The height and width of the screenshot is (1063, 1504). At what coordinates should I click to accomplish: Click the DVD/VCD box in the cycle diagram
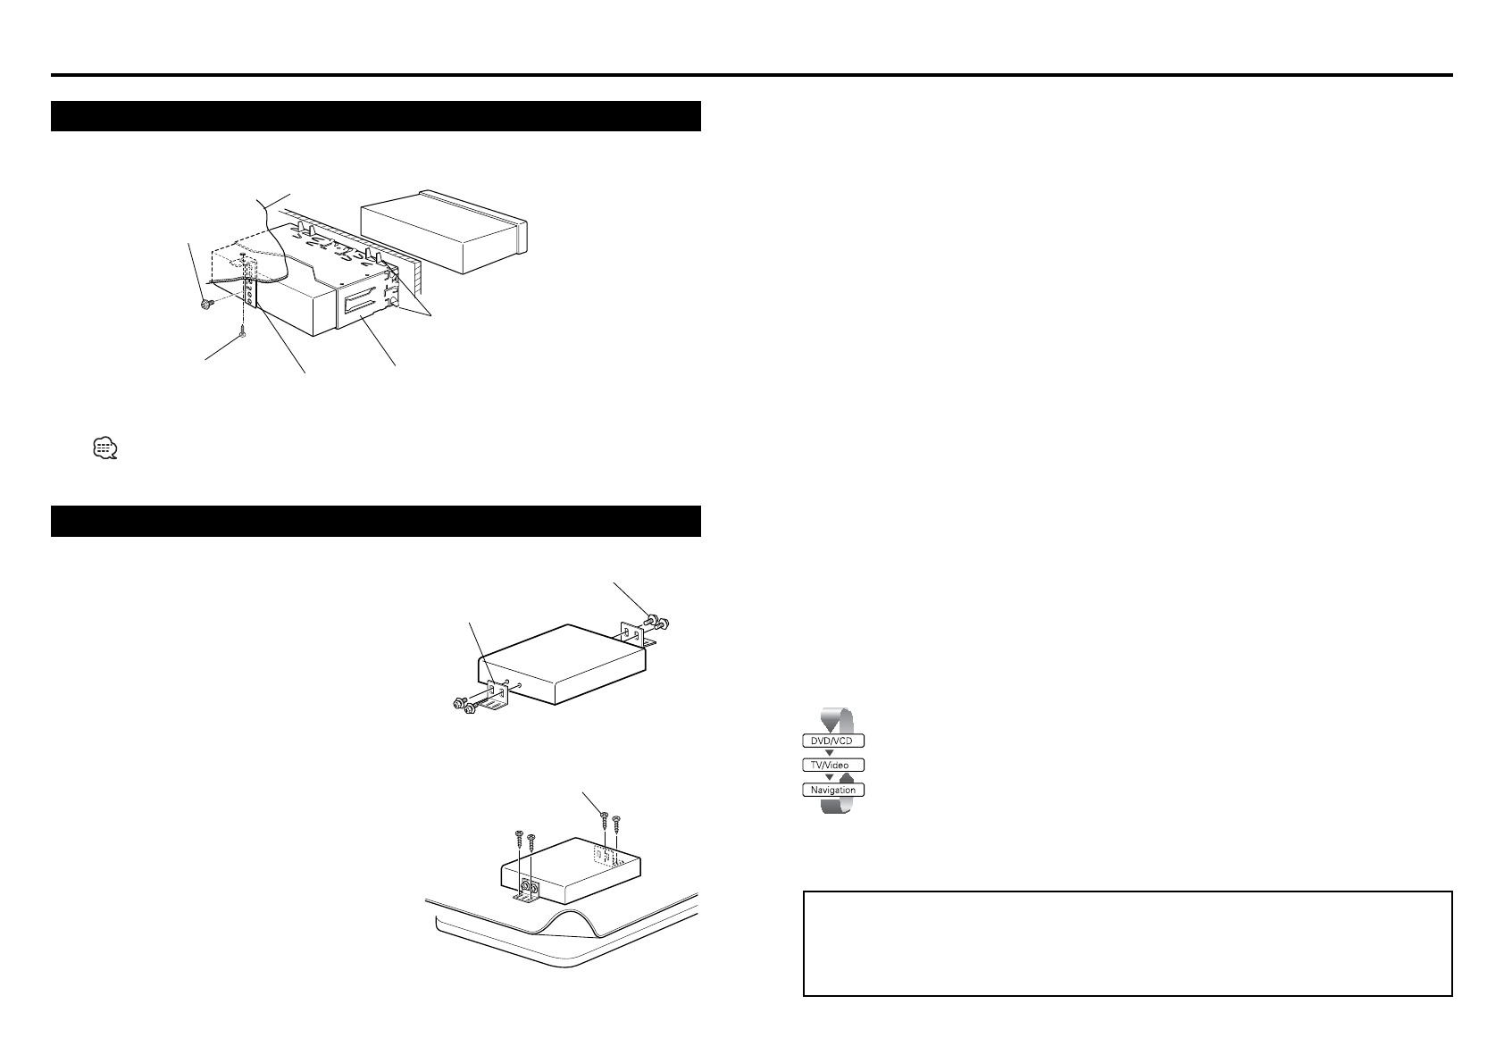point(832,741)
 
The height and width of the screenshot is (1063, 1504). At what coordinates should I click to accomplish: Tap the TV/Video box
point(832,766)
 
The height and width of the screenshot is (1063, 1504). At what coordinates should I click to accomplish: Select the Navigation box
point(832,790)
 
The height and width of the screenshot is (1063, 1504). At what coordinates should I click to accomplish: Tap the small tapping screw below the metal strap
point(242,335)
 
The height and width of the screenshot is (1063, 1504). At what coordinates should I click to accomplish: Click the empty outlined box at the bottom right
point(1127,942)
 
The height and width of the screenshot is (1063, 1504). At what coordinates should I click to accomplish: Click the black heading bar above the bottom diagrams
point(375,521)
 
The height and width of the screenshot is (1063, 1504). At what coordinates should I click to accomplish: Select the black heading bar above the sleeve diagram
point(375,116)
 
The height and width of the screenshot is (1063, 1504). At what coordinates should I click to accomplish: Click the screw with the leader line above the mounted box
point(604,816)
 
